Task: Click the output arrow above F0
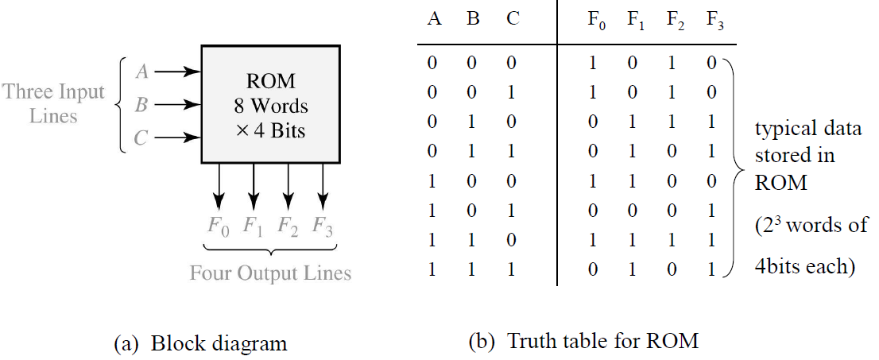(x=218, y=187)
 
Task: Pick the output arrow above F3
(x=323, y=187)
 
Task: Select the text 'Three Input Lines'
(x=54, y=104)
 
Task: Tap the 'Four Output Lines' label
(x=270, y=273)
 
